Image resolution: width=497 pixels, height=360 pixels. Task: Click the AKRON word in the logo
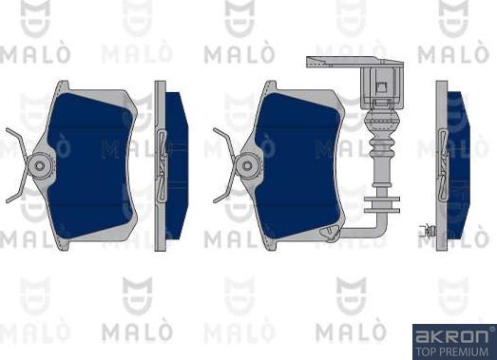(453, 336)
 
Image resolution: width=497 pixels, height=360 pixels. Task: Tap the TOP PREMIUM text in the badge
(451, 351)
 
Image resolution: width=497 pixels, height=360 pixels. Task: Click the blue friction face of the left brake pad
(90, 166)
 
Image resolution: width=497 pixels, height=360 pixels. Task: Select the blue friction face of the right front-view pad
(297, 166)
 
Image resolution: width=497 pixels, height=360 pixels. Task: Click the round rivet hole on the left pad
(39, 165)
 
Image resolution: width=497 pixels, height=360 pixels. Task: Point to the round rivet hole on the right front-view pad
(247, 165)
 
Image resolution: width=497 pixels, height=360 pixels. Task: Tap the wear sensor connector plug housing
(382, 85)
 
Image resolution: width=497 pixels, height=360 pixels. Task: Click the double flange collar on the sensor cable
(382, 204)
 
